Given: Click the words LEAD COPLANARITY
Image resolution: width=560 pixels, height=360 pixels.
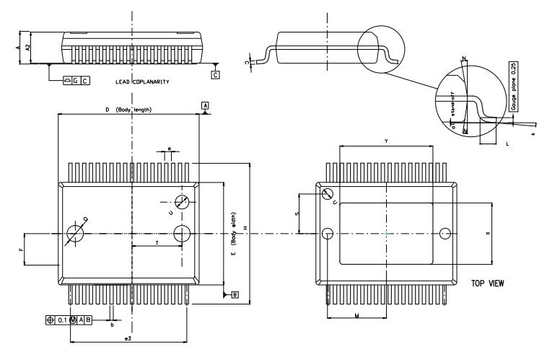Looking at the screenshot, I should coord(142,82).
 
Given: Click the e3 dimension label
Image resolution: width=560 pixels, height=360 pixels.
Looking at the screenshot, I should coord(128,338).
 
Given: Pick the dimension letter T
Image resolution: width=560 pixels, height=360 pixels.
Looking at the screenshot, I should coord(157,242).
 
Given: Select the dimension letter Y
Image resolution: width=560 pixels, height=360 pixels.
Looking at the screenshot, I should coord(386,141).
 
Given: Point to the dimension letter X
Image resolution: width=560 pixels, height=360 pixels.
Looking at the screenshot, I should coord(488,234).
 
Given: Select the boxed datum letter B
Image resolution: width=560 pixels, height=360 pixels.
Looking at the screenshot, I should coord(235,294).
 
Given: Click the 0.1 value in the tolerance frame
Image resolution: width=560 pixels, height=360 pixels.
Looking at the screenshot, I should coord(64,320).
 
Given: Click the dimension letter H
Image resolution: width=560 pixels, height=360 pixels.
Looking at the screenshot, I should coord(246,229).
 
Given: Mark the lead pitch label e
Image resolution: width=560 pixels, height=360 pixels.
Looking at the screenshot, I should coord(169,149).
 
